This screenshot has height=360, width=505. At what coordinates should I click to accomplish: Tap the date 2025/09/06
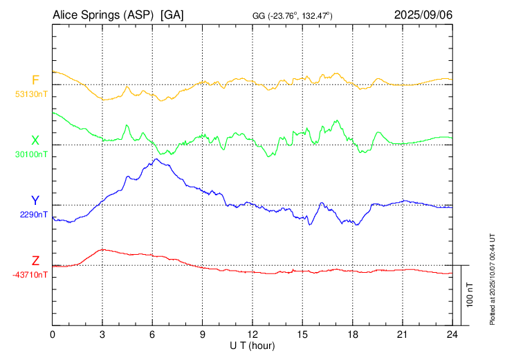click(x=423, y=15)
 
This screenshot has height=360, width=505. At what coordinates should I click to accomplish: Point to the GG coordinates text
click(x=293, y=16)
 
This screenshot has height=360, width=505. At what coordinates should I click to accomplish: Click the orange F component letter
click(x=35, y=80)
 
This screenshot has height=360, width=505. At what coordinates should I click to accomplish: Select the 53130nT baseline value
click(x=31, y=93)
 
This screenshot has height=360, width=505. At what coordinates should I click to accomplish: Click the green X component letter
click(x=35, y=141)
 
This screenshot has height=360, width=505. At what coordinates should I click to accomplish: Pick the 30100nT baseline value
click(x=31, y=154)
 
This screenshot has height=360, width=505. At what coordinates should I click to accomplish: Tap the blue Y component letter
click(x=35, y=201)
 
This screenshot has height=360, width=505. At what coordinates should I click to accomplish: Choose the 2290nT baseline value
click(x=33, y=214)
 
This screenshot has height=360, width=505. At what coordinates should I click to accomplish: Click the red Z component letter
click(x=35, y=261)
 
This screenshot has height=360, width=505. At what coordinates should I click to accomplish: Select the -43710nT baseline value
click(x=30, y=275)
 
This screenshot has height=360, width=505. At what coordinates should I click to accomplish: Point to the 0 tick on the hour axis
click(x=53, y=334)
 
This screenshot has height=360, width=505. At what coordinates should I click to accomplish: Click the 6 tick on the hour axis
click(x=152, y=334)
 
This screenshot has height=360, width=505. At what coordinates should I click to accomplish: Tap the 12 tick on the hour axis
click(x=252, y=334)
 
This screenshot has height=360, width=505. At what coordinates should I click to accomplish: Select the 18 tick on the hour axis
click(x=352, y=334)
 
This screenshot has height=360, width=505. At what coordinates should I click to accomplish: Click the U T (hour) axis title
click(x=252, y=345)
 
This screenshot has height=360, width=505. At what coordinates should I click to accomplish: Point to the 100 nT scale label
click(x=470, y=294)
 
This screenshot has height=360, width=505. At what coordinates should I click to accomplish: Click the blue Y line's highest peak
click(x=157, y=159)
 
